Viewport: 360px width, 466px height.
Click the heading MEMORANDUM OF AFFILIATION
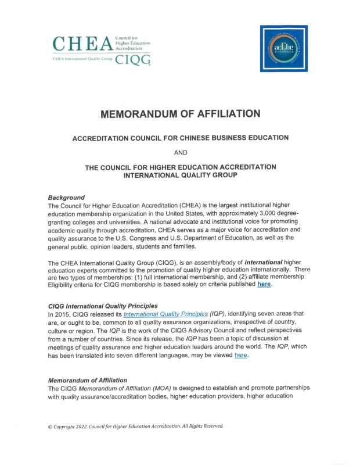point(180,114)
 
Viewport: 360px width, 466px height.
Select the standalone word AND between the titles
point(180,153)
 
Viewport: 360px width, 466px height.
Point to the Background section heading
point(66,198)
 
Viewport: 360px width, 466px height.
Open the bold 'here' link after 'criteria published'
point(264,284)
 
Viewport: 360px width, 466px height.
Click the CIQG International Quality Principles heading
point(103,306)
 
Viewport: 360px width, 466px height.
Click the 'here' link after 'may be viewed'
point(240,355)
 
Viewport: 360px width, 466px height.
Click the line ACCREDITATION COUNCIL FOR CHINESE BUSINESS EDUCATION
point(180,138)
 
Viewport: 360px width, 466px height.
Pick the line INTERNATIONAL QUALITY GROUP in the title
point(180,175)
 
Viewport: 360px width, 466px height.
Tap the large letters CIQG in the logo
point(133,60)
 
